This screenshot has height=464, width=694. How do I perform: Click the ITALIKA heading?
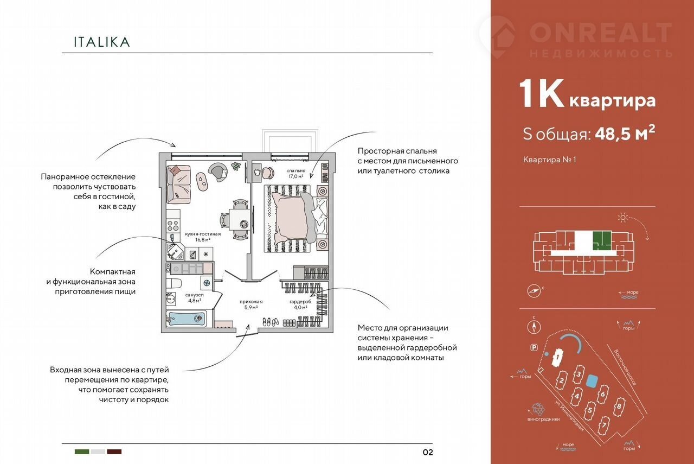pos(102,42)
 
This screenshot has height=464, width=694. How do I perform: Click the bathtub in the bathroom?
pos(186,319)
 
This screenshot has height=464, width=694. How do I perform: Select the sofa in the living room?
pos(179,182)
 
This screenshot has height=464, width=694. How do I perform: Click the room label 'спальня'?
pos(296,171)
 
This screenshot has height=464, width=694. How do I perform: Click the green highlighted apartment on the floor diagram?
pos(601,239)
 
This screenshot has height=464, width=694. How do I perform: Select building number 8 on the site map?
pos(618,405)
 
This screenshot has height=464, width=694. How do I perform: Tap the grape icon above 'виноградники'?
pos(538,409)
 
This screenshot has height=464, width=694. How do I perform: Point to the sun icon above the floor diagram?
pos(623,218)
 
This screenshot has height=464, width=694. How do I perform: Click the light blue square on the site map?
pos(593,380)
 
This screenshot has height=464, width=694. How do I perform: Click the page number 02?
pos(427,452)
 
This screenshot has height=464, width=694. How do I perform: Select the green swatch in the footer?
pos(82,452)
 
